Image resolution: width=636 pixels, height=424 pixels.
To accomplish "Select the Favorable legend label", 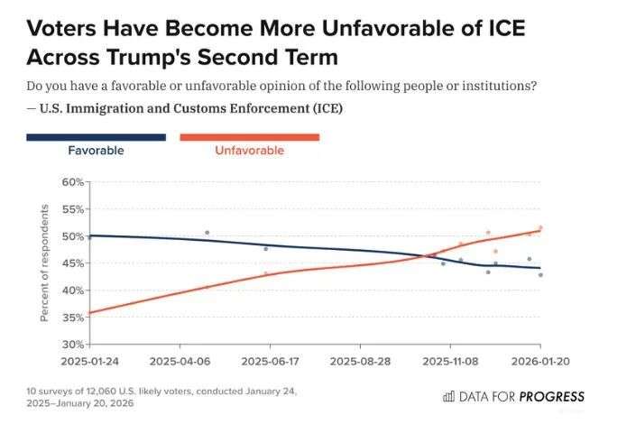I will coord(96,151).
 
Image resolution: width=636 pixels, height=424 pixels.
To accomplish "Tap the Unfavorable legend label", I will coord(249,151).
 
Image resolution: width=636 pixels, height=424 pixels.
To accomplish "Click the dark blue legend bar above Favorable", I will coord(96,137).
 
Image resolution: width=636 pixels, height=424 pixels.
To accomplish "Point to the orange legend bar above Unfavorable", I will coord(250,137).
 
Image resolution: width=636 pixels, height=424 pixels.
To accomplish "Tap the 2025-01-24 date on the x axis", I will coord(89,359).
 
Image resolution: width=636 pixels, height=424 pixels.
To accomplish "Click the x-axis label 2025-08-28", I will coord(360,359).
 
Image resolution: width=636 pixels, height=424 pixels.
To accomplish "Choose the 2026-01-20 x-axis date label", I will coord(539,359).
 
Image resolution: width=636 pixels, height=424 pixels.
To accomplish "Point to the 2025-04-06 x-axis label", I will coord(180,359).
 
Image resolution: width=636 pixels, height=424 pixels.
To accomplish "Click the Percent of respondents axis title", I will coord(44,263).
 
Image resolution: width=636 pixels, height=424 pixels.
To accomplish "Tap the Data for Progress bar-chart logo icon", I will coord(448,396).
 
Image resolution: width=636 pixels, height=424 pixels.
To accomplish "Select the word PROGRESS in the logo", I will coord(551,396).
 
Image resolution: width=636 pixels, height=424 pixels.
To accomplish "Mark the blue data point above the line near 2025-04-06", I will coord(207,233).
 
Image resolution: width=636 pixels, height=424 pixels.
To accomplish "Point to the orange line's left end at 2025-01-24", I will coord(90,312).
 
